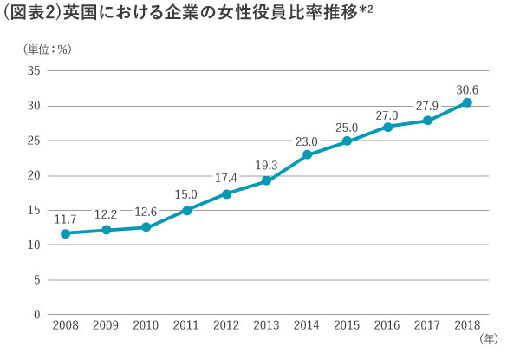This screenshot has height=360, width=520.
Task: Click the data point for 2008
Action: [66, 233]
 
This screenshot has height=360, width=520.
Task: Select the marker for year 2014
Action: [307, 154]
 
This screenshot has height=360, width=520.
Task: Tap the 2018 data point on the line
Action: [467, 102]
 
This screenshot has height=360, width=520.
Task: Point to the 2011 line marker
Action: [186, 210]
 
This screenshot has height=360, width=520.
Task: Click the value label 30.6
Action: [467, 90]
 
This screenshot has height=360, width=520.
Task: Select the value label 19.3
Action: [266, 165]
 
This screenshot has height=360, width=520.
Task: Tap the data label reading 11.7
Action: [65, 219]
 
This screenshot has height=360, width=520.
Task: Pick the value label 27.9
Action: [427, 106]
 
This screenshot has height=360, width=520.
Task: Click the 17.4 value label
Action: [226, 178]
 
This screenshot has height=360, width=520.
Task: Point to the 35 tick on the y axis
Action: [34, 70]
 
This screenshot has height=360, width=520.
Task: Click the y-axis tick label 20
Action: [34, 175]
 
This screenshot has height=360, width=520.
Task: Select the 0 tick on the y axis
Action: [36, 314]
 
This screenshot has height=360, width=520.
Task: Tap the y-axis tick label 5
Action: [36, 279]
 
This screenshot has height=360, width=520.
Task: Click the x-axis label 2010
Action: [146, 325]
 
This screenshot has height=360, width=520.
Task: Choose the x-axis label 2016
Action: [387, 325]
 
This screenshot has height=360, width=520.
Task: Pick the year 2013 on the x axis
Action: [266, 325]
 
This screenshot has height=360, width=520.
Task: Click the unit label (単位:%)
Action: [48, 49]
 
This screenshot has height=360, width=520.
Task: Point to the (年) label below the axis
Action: [489, 339]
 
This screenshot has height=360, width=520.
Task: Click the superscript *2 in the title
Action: [366, 10]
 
